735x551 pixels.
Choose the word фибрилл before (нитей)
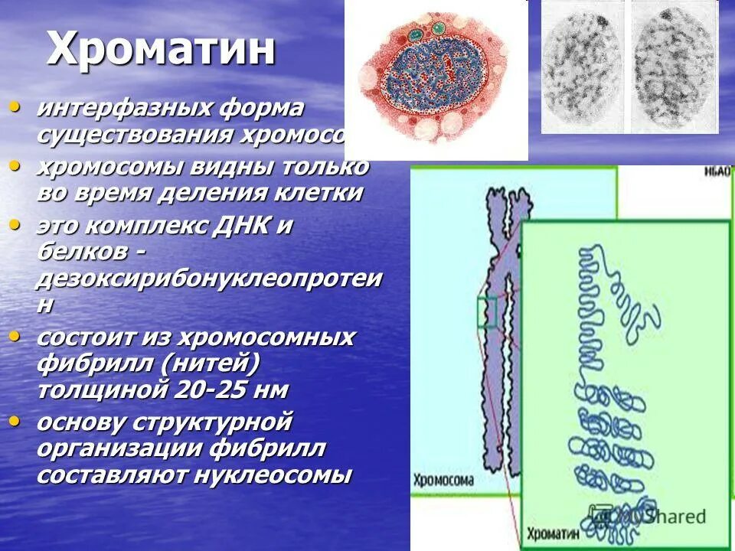coord(87,363)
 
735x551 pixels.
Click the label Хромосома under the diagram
coord(443,481)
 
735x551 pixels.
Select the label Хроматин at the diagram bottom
coord(551,533)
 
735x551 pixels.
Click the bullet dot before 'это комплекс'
coord(15,224)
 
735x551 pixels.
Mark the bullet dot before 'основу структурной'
coord(15,420)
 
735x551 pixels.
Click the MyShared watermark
coord(658,517)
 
